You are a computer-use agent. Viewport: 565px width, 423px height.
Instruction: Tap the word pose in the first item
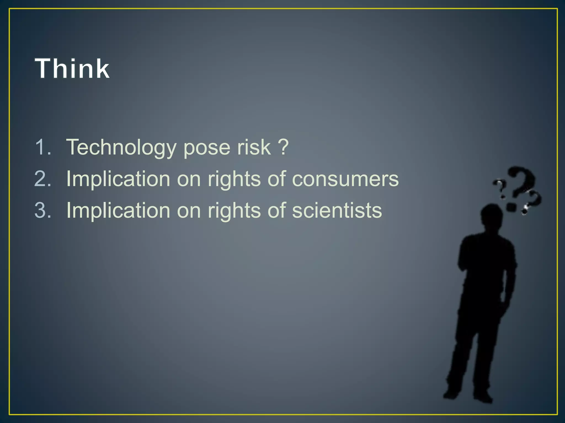tap(207, 147)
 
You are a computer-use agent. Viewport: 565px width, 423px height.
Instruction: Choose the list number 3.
tap(43, 210)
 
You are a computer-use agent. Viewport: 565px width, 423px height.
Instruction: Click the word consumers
tap(345, 179)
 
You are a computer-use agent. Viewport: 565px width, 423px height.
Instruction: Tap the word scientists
tap(337, 210)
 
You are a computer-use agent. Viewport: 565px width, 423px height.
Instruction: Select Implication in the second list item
tap(118, 179)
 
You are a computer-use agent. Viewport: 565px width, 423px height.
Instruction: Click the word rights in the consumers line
tap(234, 179)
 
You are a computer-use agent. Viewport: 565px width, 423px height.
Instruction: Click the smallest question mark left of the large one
tap(500, 189)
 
